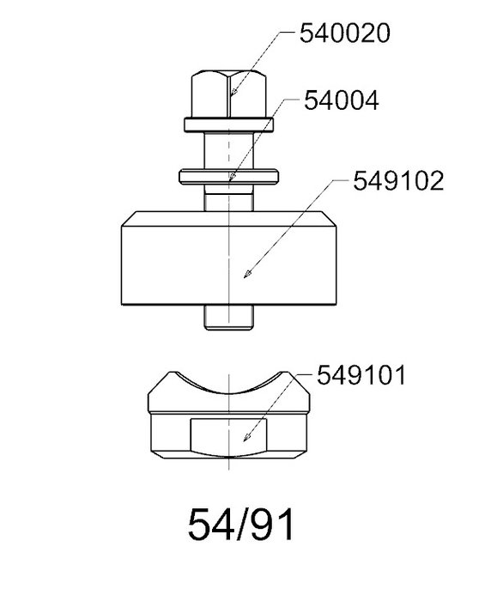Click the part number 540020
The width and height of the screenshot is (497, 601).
point(344,33)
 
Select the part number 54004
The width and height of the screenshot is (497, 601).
point(342,100)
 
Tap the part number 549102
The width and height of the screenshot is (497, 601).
point(398,181)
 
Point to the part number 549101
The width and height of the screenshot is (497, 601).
point(361,375)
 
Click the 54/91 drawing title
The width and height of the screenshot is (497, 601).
point(241,525)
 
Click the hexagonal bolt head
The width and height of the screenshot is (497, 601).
point(229,94)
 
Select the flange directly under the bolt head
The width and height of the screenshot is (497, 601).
point(229,125)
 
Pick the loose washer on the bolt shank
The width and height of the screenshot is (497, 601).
point(229,177)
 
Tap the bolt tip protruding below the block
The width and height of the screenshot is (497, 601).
point(229,318)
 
